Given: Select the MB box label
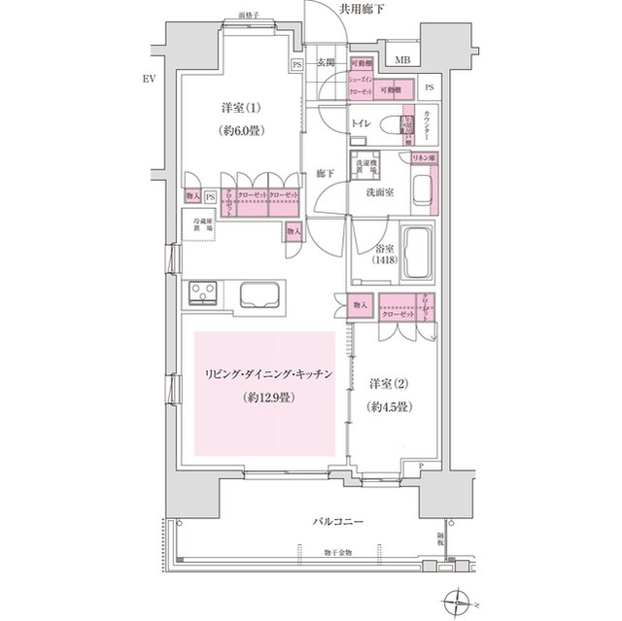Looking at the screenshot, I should (402, 60).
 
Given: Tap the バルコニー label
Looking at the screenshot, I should (339, 523).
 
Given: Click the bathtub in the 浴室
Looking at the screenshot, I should (419, 252).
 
